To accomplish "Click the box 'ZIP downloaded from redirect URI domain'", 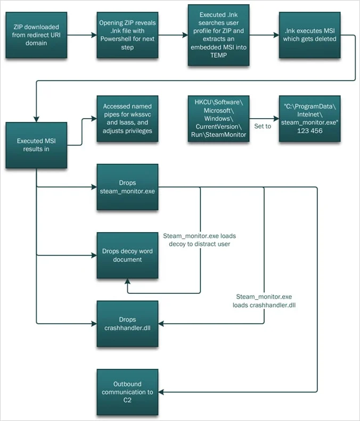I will tap(36, 35).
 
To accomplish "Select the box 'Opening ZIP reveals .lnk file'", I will tap(127, 35).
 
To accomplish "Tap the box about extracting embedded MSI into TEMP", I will tap(218, 35).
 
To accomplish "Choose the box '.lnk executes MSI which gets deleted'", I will tap(309, 35).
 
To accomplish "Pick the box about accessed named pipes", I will tap(127, 119).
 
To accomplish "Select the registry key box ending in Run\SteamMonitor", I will tap(218, 119).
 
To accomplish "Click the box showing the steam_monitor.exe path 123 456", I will tap(309, 119).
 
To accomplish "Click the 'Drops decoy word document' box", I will tap(127, 255).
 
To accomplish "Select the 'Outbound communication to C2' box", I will tap(127, 392).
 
